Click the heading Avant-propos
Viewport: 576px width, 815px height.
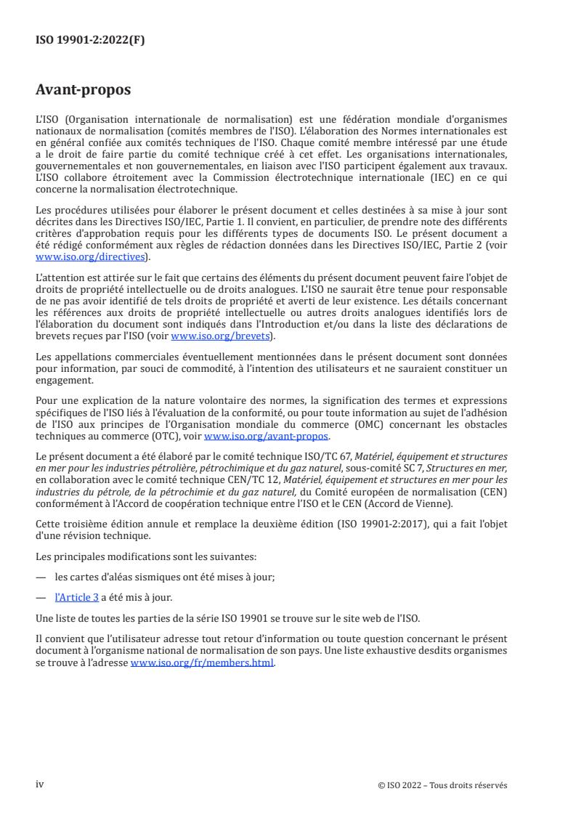(84, 91)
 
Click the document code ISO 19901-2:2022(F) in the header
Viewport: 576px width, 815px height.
(90, 41)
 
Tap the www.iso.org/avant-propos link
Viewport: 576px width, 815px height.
(267, 437)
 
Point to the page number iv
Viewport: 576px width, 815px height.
(40, 784)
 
